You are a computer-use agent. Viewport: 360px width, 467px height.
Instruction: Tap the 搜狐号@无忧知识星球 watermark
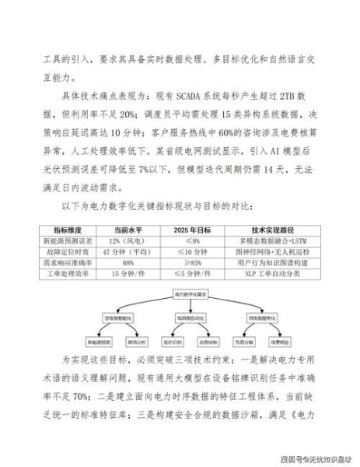tap(310, 454)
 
